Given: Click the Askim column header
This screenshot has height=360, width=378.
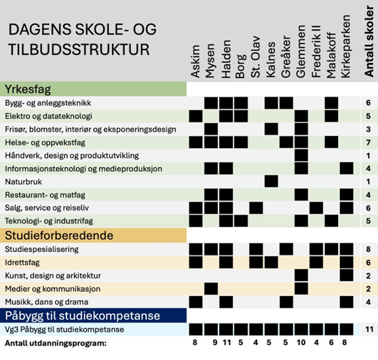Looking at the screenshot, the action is [195, 61].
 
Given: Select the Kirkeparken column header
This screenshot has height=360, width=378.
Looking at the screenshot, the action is [346, 46].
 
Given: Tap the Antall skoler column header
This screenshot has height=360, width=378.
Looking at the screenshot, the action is [369, 41].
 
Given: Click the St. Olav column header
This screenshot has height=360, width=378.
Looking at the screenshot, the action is [256, 57].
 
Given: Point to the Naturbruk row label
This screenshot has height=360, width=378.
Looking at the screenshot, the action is [23, 181].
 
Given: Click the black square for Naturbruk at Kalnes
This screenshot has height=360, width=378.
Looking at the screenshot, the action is [271, 181].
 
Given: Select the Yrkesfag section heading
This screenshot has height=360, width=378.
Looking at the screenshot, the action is [28, 89].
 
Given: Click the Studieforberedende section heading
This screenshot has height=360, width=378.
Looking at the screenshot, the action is [59, 236].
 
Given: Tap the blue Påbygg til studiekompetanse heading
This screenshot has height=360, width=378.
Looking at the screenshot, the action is [82, 316].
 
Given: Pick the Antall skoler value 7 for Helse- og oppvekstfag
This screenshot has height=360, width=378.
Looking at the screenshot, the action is [368, 143].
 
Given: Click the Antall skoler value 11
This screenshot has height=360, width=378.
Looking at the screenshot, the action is [369, 329].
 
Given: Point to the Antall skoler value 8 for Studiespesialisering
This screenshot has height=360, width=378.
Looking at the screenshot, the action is [368, 249].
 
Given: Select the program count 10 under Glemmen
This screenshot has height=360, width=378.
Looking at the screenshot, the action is [301, 342].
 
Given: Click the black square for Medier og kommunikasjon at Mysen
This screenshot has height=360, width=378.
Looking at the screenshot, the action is [211, 289].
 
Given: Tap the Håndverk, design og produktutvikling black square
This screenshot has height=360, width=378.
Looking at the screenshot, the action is [301, 156].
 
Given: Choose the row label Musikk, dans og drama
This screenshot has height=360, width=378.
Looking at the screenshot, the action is [47, 302].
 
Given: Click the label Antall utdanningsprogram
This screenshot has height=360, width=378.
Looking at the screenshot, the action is [56, 343].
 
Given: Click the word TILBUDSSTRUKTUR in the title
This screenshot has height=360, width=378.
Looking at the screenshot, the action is [79, 50].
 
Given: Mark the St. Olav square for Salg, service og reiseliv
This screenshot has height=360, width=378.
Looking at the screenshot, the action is [256, 208].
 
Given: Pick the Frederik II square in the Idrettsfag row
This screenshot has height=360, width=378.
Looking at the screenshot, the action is [316, 262].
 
